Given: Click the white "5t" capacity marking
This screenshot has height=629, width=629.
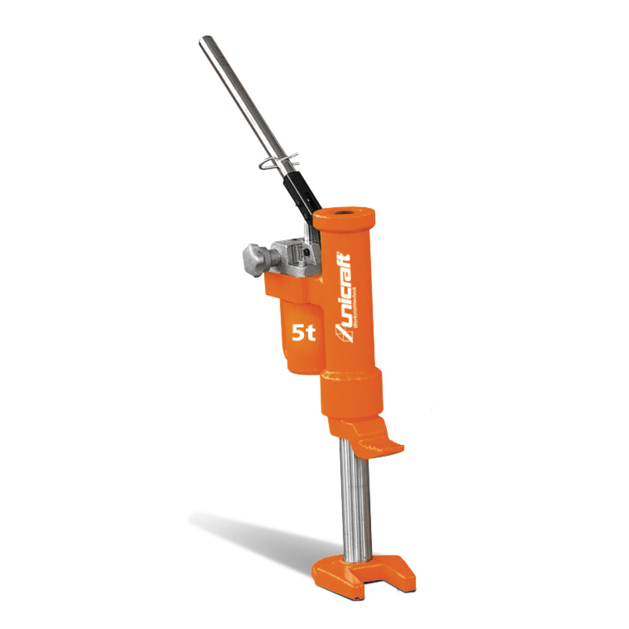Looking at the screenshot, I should coord(303,333).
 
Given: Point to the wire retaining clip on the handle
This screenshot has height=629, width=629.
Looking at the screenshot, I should coord(278,161).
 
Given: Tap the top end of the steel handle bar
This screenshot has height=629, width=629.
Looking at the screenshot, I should coord(205,40).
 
